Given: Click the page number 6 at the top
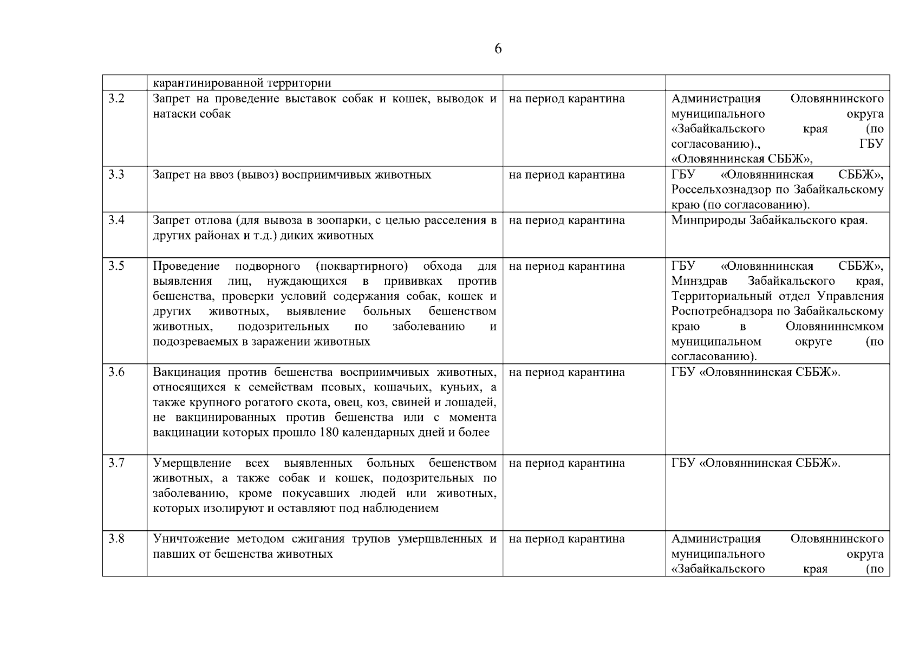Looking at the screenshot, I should tap(498, 49).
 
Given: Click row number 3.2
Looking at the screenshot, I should tap(116, 99).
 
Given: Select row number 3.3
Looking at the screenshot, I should tap(116, 175).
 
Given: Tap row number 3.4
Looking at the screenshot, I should tap(116, 220).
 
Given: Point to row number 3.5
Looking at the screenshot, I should tap(116, 266).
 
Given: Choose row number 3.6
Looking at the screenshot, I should tap(116, 372).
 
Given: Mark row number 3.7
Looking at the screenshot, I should tap(116, 463).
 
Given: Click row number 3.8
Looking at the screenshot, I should tap(116, 539).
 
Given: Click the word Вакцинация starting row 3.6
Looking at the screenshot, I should tap(187, 372).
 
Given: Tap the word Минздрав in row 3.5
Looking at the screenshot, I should tap(700, 281).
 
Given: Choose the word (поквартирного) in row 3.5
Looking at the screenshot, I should tap(361, 266).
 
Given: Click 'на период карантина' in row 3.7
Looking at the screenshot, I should tap(566, 463).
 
